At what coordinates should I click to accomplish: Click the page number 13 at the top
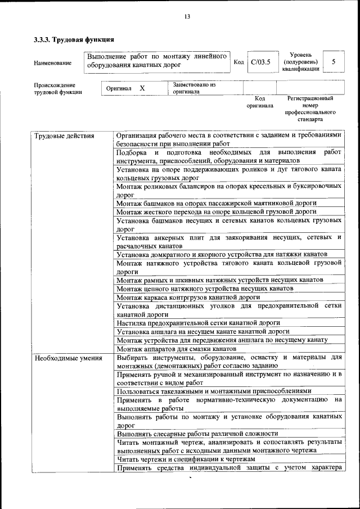tap(187, 16)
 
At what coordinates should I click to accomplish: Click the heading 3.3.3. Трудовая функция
tap(74, 40)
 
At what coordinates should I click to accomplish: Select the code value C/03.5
tap(260, 62)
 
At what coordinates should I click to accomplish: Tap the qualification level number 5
tap(334, 62)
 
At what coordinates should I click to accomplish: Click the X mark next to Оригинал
tap(142, 88)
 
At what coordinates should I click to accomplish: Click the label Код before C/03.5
tap(238, 62)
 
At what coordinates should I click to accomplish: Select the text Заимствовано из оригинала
tap(194, 88)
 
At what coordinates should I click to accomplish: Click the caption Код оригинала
tap(259, 102)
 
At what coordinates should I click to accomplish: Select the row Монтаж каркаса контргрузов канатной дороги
tap(188, 297)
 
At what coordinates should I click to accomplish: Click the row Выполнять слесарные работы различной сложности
tap(197, 434)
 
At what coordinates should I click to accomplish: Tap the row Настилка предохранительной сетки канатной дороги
tap(198, 323)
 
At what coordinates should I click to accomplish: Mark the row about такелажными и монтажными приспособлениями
tap(214, 391)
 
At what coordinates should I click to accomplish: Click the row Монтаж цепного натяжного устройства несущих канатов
tap(205, 288)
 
